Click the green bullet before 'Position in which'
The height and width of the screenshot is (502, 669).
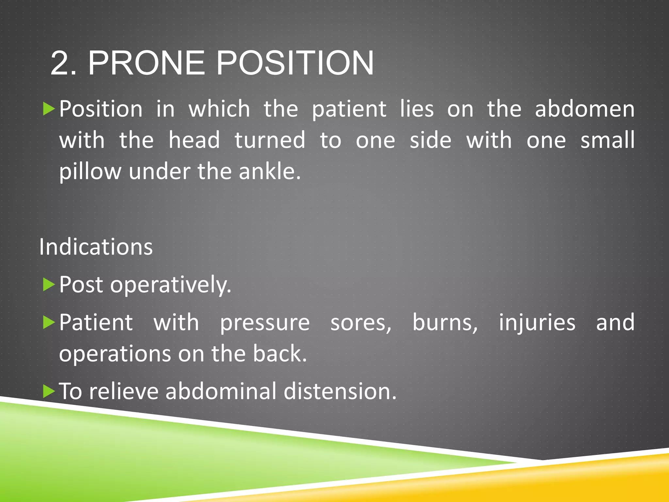pyautogui.click(x=49, y=109)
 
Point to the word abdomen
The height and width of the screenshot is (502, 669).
pyautogui.click(x=585, y=109)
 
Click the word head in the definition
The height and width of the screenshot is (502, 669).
pyautogui.click(x=194, y=140)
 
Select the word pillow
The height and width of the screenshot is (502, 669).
pyautogui.click(x=90, y=172)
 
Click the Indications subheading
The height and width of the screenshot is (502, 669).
pyautogui.click(x=96, y=247)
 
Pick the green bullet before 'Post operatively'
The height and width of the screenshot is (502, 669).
pyautogui.click(x=49, y=285)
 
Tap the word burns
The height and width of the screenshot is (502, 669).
pyautogui.click(x=445, y=323)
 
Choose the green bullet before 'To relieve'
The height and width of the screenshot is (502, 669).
pyautogui.click(x=49, y=391)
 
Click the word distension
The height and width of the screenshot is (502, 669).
pyautogui.click(x=340, y=391)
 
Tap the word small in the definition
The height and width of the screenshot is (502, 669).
pyautogui.click(x=607, y=140)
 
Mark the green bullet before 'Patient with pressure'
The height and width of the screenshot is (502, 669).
pyautogui.click(x=49, y=323)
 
